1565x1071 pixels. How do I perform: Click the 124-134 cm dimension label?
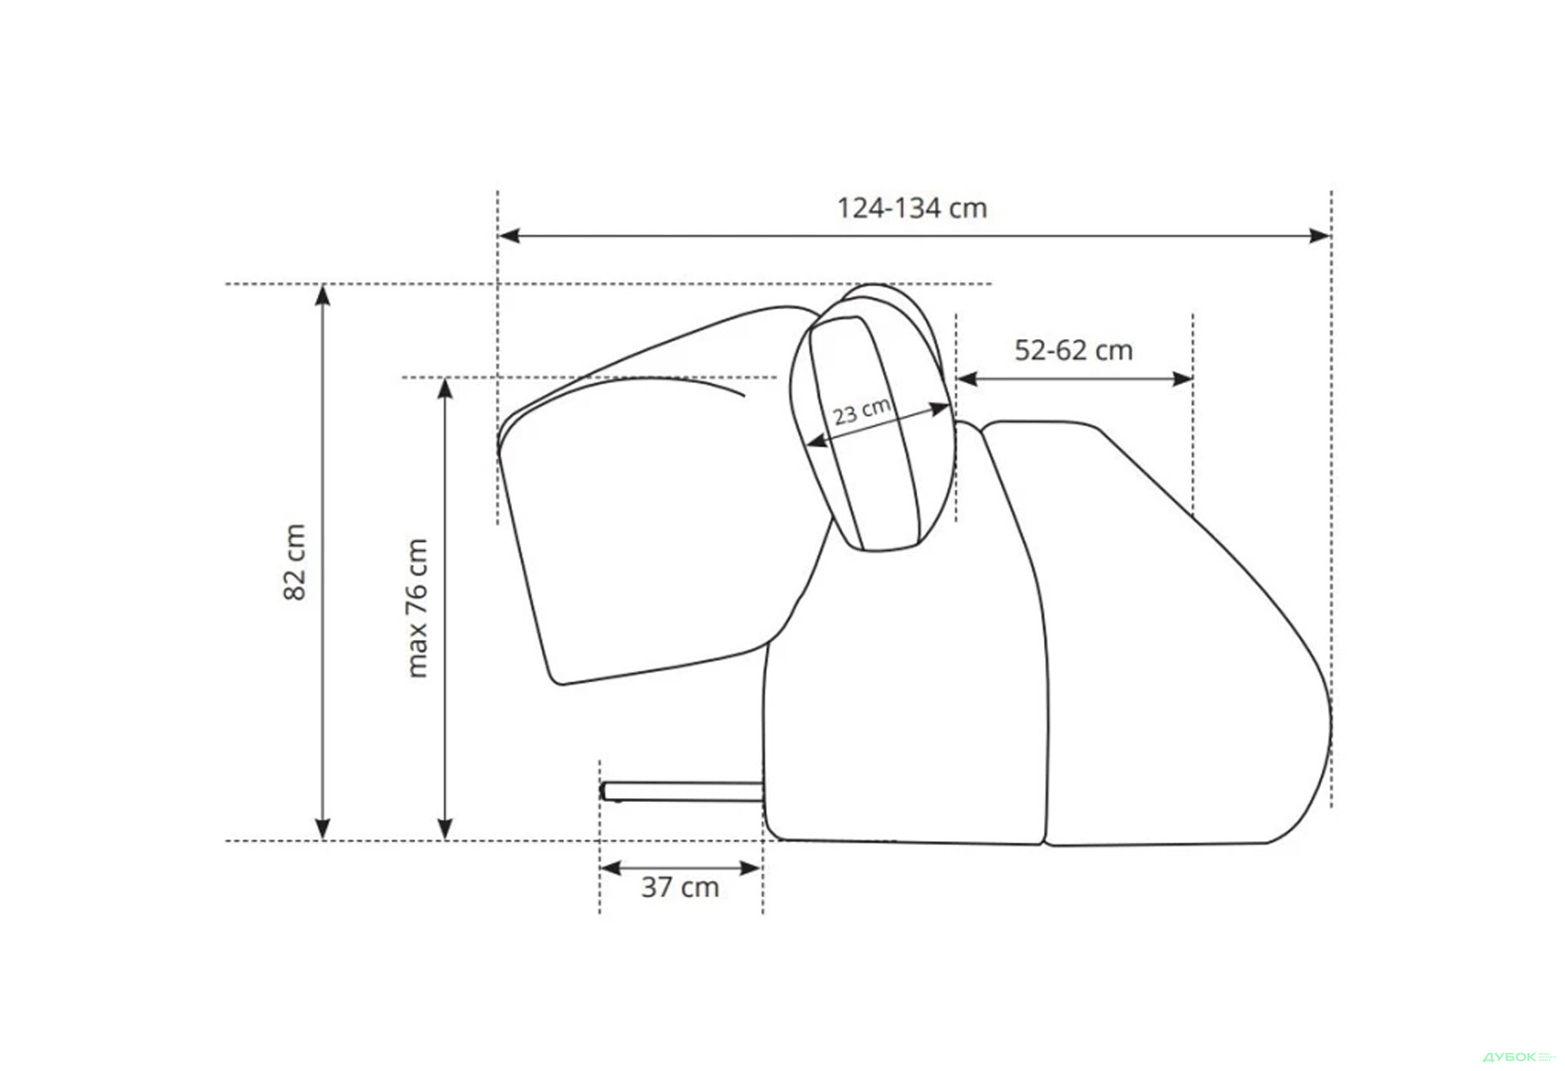pos(912,208)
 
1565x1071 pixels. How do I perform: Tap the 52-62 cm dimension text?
pos(1073,350)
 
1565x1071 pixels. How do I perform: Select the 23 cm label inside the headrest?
pos(862,411)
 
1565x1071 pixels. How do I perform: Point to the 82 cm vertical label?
pos(294,562)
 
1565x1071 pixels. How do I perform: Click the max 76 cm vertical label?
pos(417,608)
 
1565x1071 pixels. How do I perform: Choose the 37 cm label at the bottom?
pos(680,887)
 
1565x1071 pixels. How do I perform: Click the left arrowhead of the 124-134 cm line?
pos(509,236)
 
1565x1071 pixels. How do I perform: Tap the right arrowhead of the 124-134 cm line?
pos(1320,236)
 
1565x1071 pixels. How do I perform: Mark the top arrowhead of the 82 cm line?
pos(323,295)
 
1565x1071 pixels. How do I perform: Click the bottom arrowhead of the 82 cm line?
pos(323,829)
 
